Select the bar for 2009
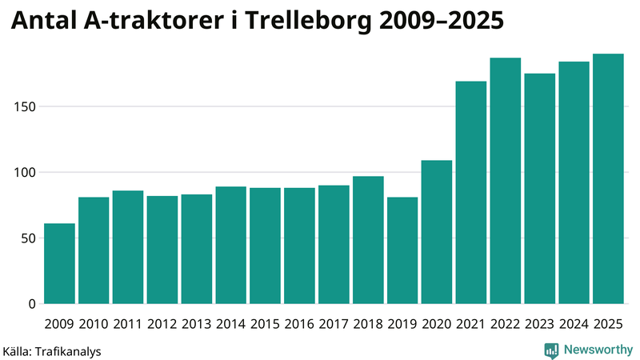click(x=59, y=263)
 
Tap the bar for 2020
click(x=437, y=232)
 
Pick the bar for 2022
click(x=506, y=181)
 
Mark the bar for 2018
click(x=368, y=240)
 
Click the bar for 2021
click(x=471, y=192)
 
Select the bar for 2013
click(x=196, y=249)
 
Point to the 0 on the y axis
click(x=33, y=304)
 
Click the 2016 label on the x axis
click(x=299, y=324)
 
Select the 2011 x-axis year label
click(x=128, y=324)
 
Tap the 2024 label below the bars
click(x=574, y=324)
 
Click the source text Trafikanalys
click(x=69, y=350)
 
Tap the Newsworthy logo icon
click(x=551, y=350)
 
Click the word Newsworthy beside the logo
click(x=598, y=350)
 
